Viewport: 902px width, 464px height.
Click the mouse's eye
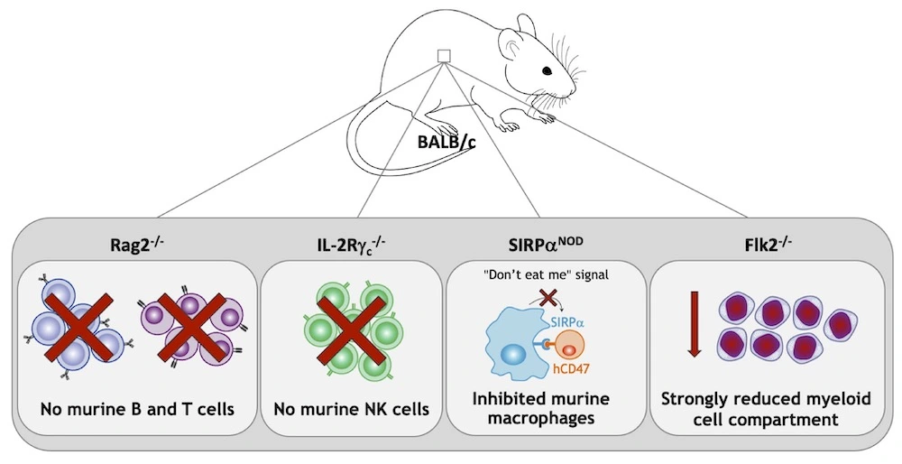point(548,71)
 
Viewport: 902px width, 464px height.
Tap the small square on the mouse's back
point(443,57)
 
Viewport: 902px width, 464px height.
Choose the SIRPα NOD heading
point(545,244)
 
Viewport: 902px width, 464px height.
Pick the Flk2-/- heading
point(763,244)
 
